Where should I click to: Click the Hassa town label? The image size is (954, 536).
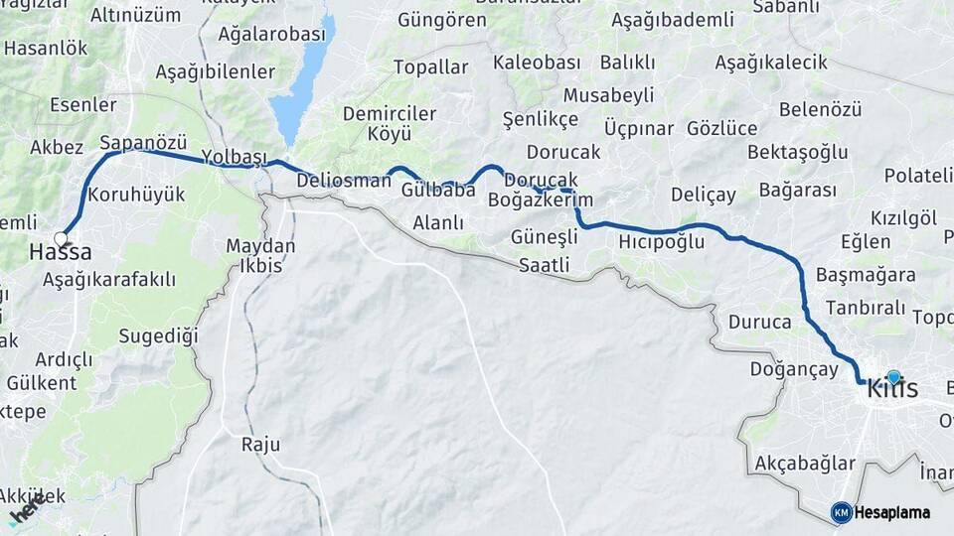(x=60, y=253)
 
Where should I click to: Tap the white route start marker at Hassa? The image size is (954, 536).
(x=62, y=238)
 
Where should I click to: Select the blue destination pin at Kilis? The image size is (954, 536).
(x=893, y=377)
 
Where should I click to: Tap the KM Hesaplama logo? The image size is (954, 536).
(x=880, y=512)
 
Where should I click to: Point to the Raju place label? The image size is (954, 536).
(x=260, y=444)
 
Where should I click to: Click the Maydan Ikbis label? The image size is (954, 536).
(x=260, y=256)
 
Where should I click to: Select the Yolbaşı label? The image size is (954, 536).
(x=235, y=158)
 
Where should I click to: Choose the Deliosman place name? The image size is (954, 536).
(x=345, y=181)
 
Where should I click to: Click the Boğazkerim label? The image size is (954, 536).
(x=540, y=200)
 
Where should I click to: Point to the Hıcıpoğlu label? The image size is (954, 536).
(x=661, y=241)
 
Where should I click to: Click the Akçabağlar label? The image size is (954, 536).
(x=805, y=464)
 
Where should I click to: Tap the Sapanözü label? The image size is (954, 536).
(x=143, y=141)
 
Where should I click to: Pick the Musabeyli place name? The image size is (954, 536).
(x=608, y=95)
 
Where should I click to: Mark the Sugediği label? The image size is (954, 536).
(x=159, y=335)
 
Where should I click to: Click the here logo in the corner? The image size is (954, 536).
(x=28, y=512)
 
